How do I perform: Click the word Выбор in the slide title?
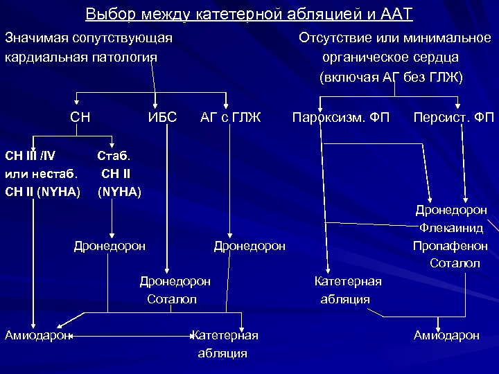[108, 15]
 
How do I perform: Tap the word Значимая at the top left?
[34, 37]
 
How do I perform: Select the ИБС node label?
[162, 117]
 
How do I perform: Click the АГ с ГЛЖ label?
[230, 117]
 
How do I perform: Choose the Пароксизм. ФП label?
[341, 117]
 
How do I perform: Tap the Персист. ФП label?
[454, 117]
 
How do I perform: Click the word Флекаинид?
[451, 227]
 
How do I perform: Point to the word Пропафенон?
[450, 246]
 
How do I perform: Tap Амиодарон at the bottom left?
[37, 335]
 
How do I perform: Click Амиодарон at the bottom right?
[446, 335]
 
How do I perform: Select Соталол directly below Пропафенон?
[455, 263]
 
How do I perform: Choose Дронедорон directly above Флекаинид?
[451, 208]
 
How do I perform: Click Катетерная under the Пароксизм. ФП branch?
[348, 281]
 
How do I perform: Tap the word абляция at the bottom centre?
[222, 353]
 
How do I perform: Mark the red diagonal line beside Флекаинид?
[493, 226]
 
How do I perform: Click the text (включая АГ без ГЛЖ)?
[391, 76]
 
